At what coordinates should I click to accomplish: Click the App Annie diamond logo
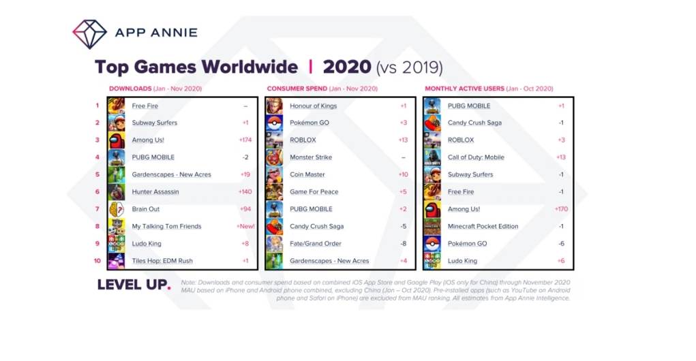[89, 33]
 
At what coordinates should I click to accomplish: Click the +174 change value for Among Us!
[245, 140]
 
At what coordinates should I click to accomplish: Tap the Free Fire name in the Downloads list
[145, 106]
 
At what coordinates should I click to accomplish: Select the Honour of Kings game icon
[274, 106]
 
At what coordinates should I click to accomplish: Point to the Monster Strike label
[311, 157]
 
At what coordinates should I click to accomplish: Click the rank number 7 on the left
[97, 209]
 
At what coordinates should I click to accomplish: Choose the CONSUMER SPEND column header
[297, 89]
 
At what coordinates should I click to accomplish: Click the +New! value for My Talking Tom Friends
[245, 226]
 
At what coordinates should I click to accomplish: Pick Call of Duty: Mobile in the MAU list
[476, 157]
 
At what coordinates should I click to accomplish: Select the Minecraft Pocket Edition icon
[432, 226]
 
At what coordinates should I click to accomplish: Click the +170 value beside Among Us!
[560, 209]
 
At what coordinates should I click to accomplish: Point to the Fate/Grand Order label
[315, 243]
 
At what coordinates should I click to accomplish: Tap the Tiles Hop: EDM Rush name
[162, 261]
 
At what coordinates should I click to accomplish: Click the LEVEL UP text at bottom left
[133, 285]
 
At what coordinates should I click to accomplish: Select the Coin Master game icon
[274, 174]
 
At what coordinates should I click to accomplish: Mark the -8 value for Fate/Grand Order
[403, 243]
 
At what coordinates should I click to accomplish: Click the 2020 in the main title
[347, 67]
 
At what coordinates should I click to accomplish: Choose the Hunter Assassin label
[155, 192]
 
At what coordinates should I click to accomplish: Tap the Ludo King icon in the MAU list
[432, 261]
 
